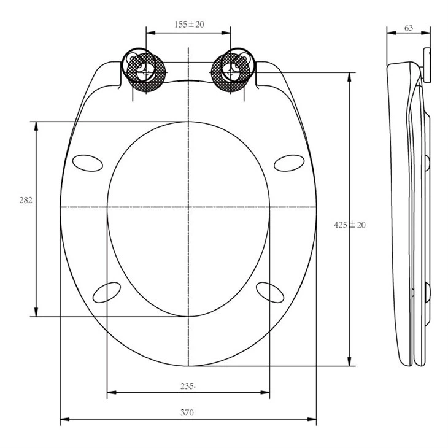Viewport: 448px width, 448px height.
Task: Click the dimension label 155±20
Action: point(188,25)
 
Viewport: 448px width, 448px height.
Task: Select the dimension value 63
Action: point(408,28)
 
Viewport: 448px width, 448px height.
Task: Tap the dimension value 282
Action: point(26,200)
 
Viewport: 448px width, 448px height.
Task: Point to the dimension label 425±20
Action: point(350,225)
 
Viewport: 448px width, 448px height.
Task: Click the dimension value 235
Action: point(188,386)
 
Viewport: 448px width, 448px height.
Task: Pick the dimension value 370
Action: point(188,413)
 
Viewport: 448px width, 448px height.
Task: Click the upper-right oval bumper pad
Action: point(289,161)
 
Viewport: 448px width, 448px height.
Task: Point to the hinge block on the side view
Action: point(427,64)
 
